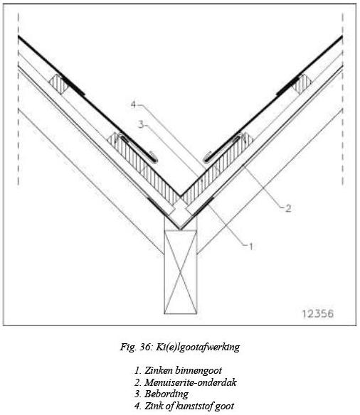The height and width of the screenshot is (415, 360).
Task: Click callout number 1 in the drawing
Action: click(x=250, y=247)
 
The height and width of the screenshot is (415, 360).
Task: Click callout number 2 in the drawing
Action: click(x=288, y=208)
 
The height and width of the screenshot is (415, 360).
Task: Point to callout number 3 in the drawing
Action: click(x=141, y=124)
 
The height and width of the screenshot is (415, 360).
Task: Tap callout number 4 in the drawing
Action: click(x=134, y=104)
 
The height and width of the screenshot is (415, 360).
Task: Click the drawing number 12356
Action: click(x=317, y=313)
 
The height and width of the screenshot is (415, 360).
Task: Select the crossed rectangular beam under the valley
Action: click(x=181, y=272)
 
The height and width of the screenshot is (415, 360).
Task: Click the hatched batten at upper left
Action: click(x=59, y=84)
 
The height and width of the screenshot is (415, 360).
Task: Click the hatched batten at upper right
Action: click(x=302, y=84)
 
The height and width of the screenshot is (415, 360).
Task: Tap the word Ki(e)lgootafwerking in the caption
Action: click(x=198, y=347)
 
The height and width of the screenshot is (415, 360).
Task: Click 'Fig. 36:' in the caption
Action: click(x=136, y=347)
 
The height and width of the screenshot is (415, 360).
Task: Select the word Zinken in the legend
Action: click(x=157, y=370)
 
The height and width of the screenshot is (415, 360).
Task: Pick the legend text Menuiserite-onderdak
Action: click(x=191, y=382)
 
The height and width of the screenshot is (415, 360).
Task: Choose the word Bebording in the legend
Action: click(x=166, y=394)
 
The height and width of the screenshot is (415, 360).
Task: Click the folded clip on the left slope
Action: click(x=138, y=147)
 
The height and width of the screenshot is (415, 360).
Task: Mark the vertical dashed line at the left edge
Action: click(x=18, y=99)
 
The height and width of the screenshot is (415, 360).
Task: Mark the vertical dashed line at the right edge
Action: click(x=342, y=99)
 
